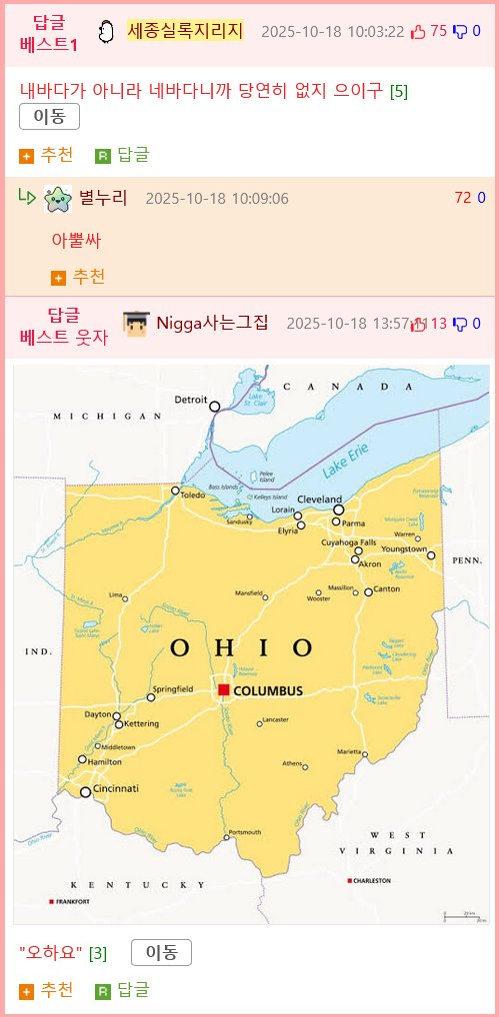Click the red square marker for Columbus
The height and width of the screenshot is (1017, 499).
pyautogui.click(x=224, y=690)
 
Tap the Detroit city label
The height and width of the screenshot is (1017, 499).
pyautogui.click(x=191, y=400)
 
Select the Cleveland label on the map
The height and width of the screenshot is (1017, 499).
pyautogui.click(x=320, y=499)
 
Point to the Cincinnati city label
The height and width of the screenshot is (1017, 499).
pyautogui.click(x=118, y=788)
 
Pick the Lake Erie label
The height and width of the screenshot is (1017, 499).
pyautogui.click(x=346, y=459)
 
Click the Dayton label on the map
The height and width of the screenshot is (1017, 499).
pyautogui.click(x=98, y=714)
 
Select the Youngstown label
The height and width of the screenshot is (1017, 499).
pyautogui.click(x=405, y=549)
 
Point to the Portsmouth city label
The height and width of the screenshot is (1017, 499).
pyautogui.click(x=245, y=831)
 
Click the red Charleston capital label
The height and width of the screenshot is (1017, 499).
pyautogui.click(x=371, y=881)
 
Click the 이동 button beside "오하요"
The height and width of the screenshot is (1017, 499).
pyautogui.click(x=161, y=953)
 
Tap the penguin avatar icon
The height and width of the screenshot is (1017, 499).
pyautogui.click(x=106, y=32)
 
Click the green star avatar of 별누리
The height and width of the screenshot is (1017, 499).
pyautogui.click(x=58, y=198)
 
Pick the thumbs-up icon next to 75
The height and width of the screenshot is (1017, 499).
pyautogui.click(x=418, y=32)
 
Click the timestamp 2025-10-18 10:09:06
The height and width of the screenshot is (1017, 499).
pyautogui.click(x=217, y=198)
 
